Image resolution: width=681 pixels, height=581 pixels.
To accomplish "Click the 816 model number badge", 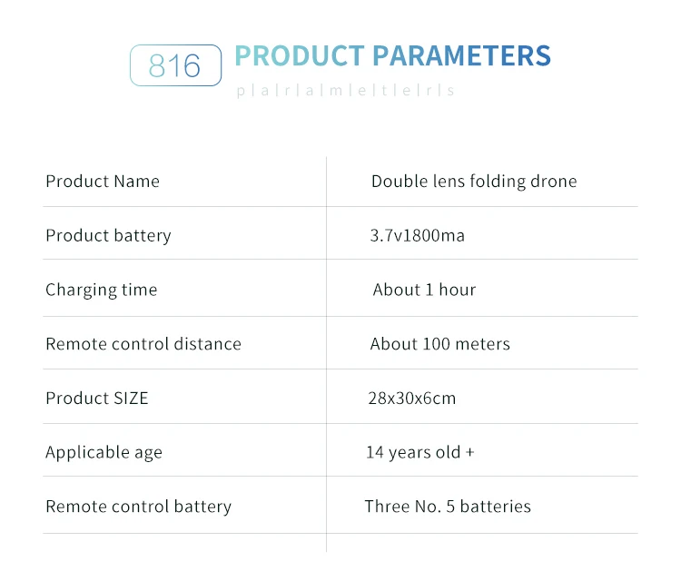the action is point(175,65).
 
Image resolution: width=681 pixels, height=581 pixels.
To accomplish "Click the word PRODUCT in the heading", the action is point(300,55).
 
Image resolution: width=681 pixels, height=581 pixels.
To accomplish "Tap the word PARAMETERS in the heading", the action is point(461,55).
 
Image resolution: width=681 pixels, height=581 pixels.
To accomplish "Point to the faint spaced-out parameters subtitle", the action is point(345,90).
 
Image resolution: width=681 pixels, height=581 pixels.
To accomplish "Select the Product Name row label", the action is point(103,181).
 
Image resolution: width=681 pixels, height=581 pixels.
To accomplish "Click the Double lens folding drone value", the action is point(474,182).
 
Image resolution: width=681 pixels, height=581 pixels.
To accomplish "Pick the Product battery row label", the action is point(108,236).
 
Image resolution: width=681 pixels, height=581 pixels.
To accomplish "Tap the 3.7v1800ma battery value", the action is point(417,235).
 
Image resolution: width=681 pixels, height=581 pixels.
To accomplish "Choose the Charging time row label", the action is point(101,290).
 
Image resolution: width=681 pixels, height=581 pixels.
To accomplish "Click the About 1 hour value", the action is point(424,290).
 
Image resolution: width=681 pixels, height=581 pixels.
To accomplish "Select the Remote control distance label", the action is point(143,344).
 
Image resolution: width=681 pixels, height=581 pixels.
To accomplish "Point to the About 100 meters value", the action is point(440,344).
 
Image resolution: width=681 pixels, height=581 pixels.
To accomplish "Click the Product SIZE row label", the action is point(97,399).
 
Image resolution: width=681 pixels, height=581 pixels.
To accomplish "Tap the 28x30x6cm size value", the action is point(411,399).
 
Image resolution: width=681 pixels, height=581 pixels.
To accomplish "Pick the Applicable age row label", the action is point(104,452).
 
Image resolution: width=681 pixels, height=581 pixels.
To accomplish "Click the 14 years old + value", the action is point(420,452).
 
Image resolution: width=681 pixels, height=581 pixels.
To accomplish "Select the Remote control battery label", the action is point(139,507).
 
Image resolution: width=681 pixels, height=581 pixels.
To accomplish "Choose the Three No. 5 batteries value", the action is point(448,507).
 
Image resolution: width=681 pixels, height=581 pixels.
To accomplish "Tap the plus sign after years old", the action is point(469,453).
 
